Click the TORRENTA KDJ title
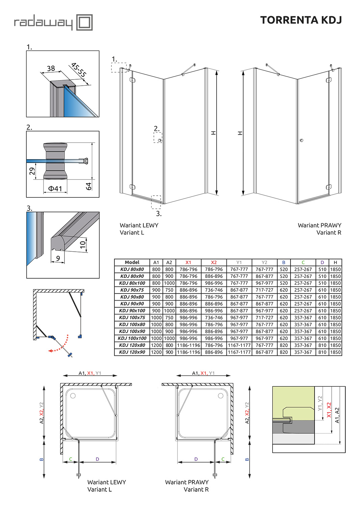[x=301, y=20]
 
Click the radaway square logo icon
[x=84, y=23]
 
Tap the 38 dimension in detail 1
[x=51, y=68]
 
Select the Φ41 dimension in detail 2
[x=55, y=189]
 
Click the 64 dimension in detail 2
[x=89, y=186]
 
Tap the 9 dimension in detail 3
[x=58, y=258]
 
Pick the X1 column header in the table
[x=188, y=262]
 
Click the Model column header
[x=132, y=262]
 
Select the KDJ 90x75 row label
[x=132, y=290]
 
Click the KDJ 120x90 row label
[x=132, y=352]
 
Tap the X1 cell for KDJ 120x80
[x=188, y=345]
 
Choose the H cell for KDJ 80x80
[x=335, y=270]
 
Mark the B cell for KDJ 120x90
[x=284, y=352]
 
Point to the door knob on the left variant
[x=160, y=140]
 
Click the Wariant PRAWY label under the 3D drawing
[x=320, y=225]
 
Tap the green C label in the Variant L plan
[x=71, y=459]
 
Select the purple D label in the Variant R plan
[x=196, y=459]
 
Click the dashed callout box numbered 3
[x=156, y=202]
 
